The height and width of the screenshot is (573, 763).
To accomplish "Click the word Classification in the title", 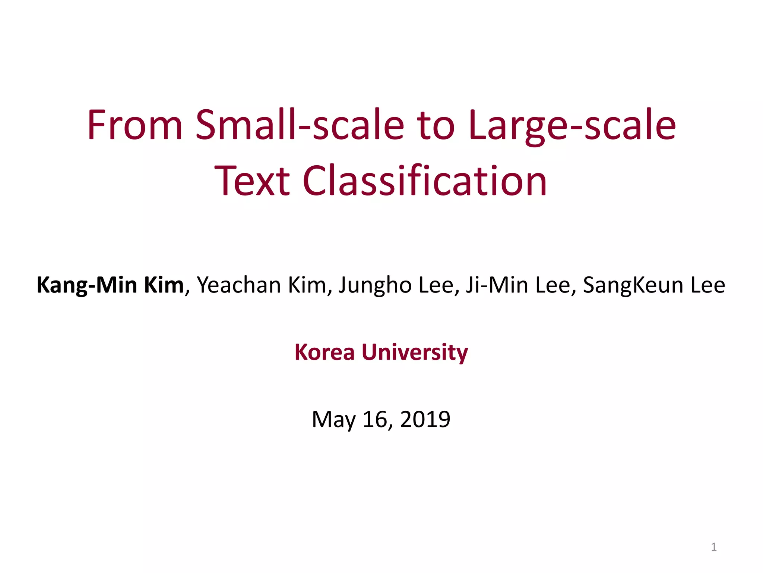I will click(x=425, y=181).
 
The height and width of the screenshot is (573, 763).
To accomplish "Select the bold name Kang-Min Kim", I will click(x=110, y=285).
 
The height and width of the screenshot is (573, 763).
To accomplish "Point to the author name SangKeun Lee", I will click(x=654, y=285).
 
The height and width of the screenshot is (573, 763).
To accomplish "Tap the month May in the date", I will click(x=333, y=419).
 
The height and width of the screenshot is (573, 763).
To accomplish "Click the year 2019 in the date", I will click(x=425, y=419).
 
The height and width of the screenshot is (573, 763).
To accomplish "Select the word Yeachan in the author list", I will click(x=239, y=285).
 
